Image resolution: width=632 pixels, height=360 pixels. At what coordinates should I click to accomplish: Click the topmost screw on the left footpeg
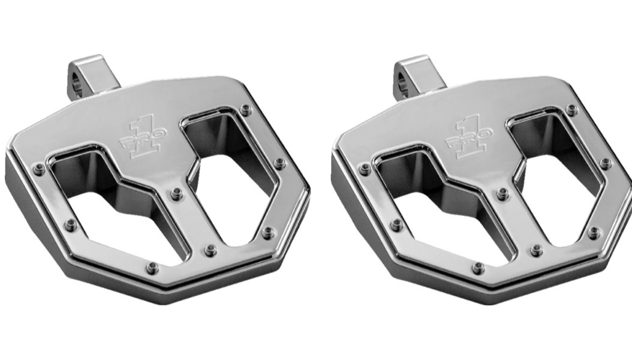[245, 110]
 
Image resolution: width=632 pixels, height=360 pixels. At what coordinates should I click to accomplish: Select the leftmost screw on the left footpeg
[39, 169]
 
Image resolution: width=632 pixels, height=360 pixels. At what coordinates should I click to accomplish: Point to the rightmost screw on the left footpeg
[279, 163]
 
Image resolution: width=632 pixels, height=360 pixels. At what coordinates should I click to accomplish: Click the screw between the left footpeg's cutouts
[176, 194]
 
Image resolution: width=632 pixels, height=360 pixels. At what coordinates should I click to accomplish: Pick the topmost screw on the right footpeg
[571, 110]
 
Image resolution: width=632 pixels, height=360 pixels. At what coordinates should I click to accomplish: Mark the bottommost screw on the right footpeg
[478, 268]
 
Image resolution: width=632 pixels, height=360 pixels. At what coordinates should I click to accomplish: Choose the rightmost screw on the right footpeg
[606, 163]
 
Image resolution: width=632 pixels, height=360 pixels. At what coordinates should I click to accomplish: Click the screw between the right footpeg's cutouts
[502, 194]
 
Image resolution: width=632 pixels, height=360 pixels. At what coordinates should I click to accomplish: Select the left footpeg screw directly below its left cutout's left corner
[71, 226]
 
